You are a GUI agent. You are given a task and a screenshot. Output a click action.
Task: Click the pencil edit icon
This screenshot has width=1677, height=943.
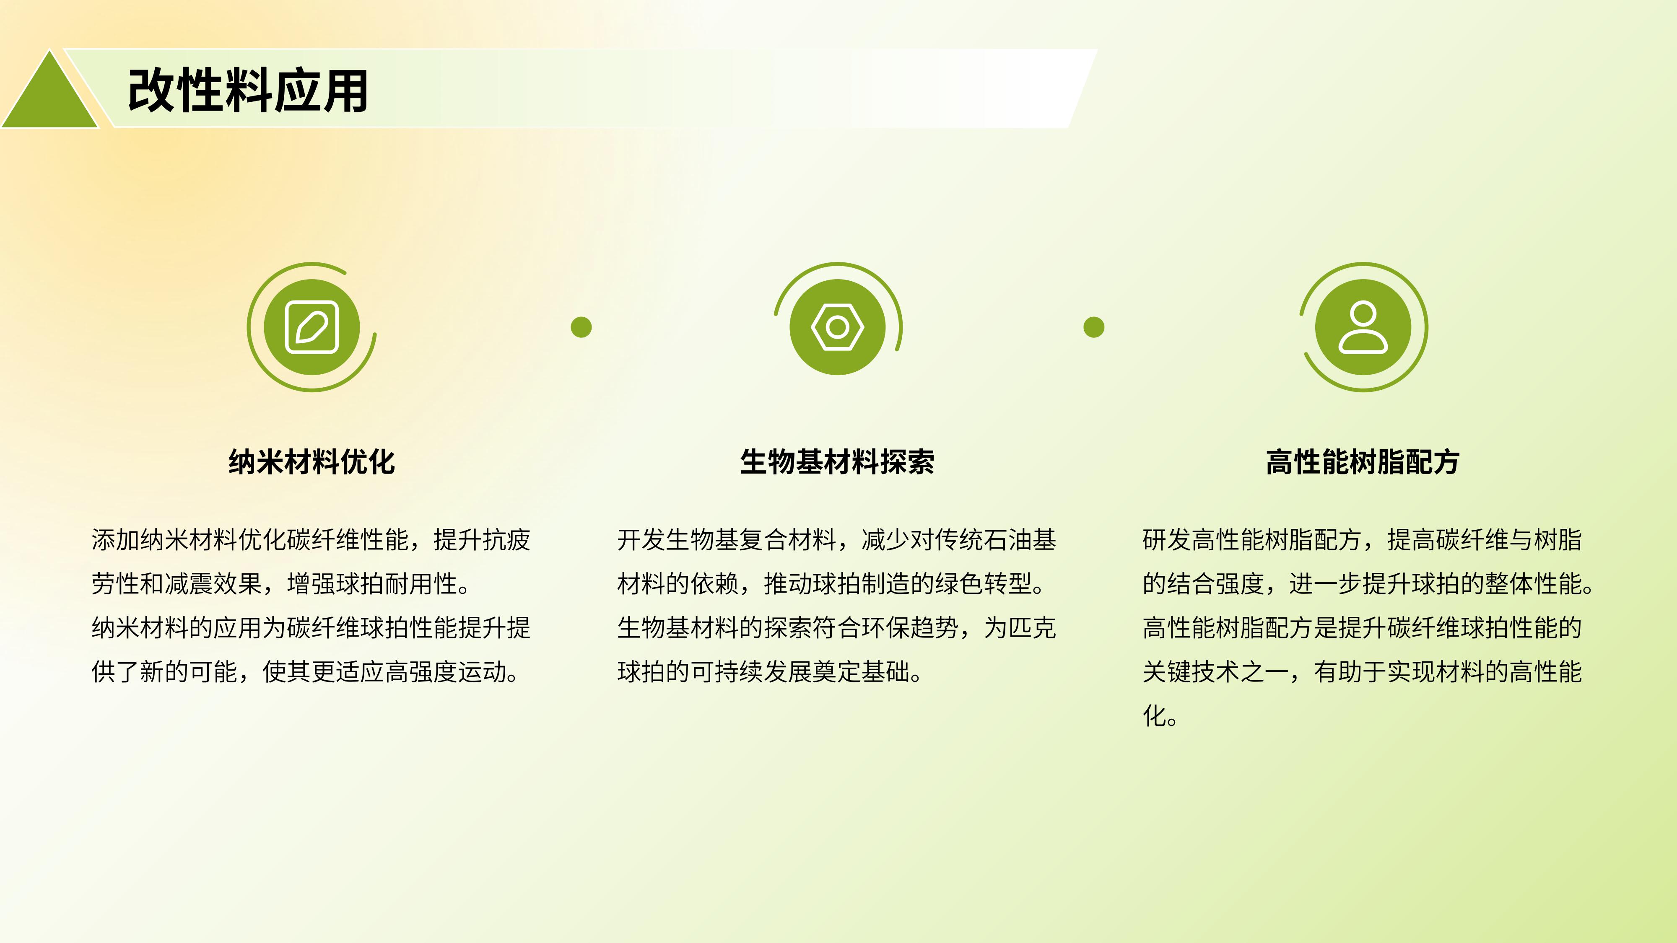(x=312, y=327)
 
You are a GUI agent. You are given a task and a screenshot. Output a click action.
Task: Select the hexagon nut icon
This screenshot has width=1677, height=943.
(x=838, y=327)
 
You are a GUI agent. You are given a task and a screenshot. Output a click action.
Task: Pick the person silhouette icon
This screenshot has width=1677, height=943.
(x=1363, y=327)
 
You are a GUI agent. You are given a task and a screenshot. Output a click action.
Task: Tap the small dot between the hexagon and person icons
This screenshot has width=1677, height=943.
(x=1094, y=327)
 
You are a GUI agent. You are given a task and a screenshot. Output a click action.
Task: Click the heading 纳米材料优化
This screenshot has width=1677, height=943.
(x=312, y=462)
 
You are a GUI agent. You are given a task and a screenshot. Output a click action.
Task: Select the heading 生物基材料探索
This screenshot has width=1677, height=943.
(x=837, y=462)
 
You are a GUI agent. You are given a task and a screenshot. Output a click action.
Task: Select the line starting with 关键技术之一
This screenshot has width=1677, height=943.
(x=1362, y=671)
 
